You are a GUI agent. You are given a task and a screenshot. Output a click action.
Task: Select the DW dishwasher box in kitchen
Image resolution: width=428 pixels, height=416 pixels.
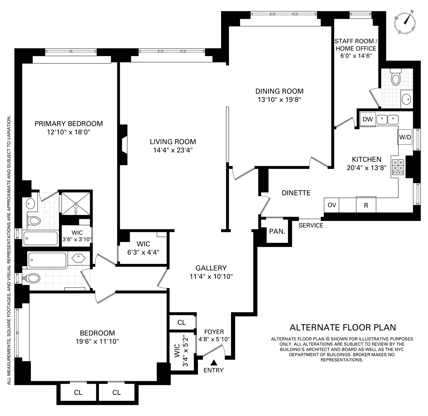tap(368, 119)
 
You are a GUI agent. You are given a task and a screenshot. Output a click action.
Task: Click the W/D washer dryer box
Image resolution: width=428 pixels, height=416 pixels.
tap(405, 137)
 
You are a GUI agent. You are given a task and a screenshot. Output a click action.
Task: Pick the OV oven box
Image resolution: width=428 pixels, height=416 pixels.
tap(332, 205)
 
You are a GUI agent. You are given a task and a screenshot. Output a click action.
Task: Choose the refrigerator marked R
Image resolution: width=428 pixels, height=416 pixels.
tap(366, 205)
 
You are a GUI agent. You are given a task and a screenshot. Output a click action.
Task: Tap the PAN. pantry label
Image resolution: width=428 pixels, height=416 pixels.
tap(277, 231)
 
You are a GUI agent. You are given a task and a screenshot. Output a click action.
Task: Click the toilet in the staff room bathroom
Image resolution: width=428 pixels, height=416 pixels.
tap(396, 77)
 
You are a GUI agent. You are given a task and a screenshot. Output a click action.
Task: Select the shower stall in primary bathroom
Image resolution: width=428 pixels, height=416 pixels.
tap(76, 203)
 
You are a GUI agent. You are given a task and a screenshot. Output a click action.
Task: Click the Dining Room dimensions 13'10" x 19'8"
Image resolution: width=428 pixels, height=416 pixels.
tap(279, 100)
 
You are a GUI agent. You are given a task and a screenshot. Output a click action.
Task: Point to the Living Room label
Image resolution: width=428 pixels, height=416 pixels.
tap(173, 142)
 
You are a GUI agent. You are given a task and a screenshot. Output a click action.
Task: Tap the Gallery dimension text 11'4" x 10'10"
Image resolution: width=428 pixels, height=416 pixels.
tap(211, 276)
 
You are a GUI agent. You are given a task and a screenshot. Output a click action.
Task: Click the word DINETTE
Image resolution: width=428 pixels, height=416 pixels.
tap(296, 193)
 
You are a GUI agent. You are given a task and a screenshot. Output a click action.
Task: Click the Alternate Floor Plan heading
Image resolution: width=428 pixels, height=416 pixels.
tap(343, 327)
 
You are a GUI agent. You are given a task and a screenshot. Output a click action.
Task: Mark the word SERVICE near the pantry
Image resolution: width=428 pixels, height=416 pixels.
tap(311, 225)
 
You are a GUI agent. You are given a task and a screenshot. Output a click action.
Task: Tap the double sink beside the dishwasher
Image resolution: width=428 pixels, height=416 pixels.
tap(387, 119)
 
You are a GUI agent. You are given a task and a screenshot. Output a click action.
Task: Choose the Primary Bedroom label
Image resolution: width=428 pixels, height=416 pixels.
tap(68, 124)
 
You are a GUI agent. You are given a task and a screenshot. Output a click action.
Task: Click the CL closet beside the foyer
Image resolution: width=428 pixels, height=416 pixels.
tap(181, 323)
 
